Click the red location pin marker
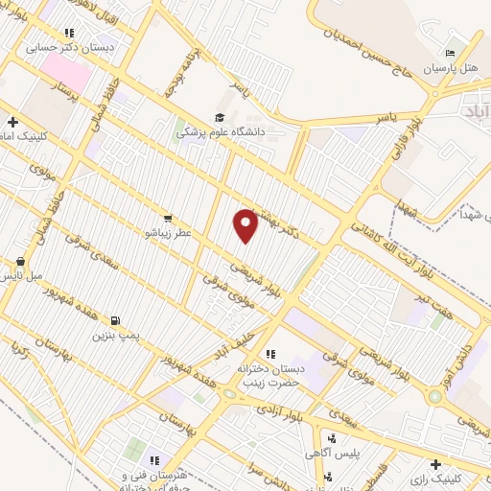246,225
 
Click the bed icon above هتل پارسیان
450,53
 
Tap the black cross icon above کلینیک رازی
436,463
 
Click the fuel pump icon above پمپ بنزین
116,320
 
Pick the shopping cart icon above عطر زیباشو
169,219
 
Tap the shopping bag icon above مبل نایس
21,261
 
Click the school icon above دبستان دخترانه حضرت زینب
270,355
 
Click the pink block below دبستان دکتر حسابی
65,68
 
